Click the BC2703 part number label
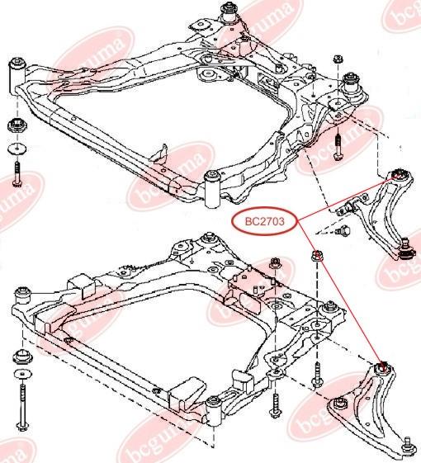[x=264, y=221]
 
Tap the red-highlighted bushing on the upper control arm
[x=400, y=174]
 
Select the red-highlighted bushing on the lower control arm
[x=382, y=368]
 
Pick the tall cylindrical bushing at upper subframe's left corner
[x=17, y=76]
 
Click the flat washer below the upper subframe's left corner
[x=17, y=149]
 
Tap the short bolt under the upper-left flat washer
[x=17, y=174]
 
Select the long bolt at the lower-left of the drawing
[x=22, y=405]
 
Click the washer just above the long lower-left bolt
[x=22, y=374]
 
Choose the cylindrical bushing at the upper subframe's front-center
[x=213, y=190]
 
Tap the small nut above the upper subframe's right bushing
[x=338, y=59]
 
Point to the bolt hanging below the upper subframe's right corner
[x=338, y=147]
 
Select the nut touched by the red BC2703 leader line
[x=317, y=256]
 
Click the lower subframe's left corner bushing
[x=22, y=296]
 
